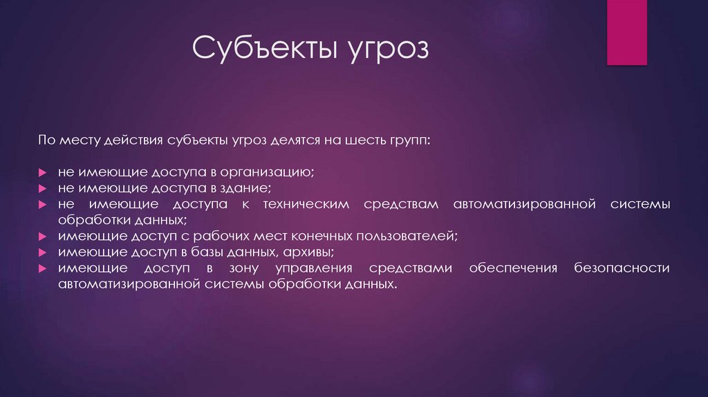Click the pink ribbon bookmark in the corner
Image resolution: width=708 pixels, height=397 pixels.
626,32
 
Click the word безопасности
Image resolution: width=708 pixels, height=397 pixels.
622,268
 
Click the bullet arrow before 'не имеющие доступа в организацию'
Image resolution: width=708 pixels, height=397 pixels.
42,172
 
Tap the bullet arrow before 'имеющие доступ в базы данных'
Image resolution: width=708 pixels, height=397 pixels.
42,252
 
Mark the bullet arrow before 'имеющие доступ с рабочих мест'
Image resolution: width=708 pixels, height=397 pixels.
42,236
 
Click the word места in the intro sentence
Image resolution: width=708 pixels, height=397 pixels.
77,140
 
